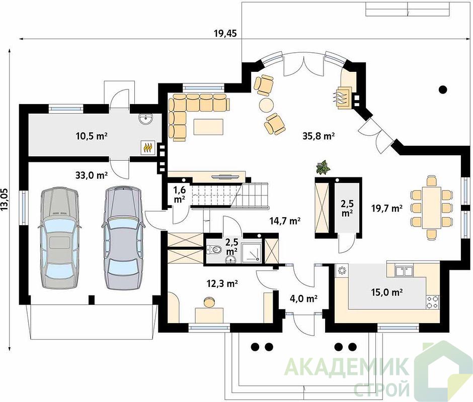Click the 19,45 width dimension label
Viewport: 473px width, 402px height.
click(x=225, y=33)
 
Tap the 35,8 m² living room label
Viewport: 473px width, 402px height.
click(x=319, y=136)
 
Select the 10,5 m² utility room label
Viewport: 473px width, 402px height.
click(x=92, y=136)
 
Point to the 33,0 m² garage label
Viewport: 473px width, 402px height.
click(x=92, y=175)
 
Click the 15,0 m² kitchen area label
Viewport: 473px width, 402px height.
click(x=387, y=292)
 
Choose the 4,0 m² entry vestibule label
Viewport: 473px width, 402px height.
click(x=303, y=298)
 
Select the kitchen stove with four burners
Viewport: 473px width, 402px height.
click(x=433, y=302)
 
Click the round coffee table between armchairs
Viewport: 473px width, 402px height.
click(x=266, y=105)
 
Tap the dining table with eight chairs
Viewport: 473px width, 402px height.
click(x=431, y=208)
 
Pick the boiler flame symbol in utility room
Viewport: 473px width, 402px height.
click(x=148, y=148)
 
